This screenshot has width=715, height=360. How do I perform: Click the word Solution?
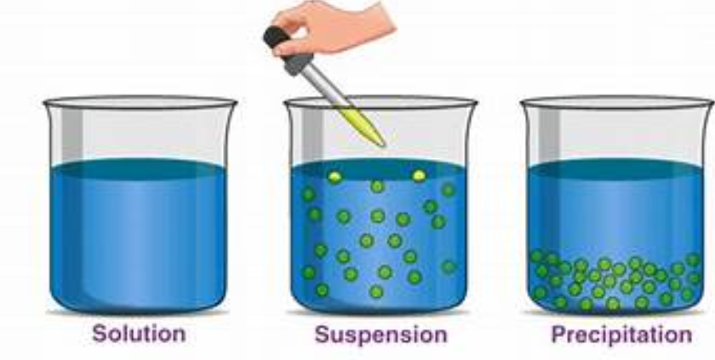tap(139, 334)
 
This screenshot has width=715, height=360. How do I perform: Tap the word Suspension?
tap(381, 335)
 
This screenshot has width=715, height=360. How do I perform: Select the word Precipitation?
tap(621, 335)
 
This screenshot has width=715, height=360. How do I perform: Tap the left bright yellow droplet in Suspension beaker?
tap(335, 177)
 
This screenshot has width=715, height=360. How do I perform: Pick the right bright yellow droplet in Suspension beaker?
tap(419, 175)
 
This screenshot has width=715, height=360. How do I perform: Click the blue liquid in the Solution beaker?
tap(138, 242)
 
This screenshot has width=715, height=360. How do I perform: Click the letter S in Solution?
tap(100, 334)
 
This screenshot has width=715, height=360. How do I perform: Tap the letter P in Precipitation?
tap(558, 334)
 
